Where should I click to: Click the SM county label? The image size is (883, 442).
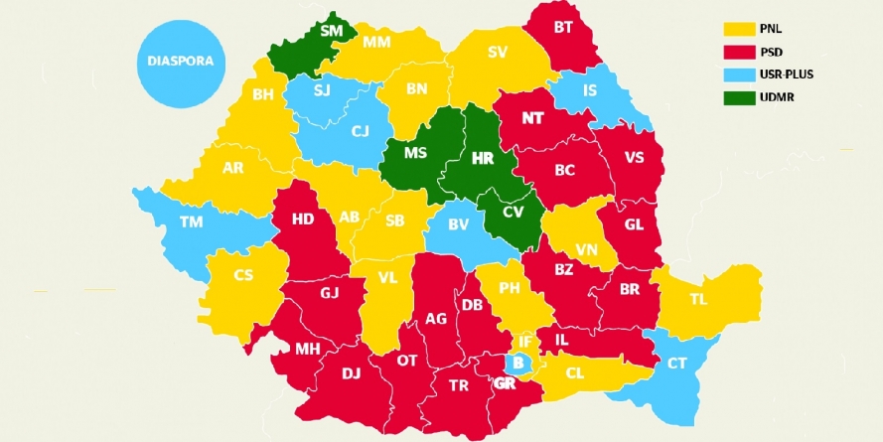[x=331, y=31]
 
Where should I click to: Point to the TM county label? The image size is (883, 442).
[x=191, y=222]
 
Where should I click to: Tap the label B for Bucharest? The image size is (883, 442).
[x=516, y=364]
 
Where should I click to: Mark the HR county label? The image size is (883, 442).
[x=483, y=158]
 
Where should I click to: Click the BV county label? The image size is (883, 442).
[x=458, y=224]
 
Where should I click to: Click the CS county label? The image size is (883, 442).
[x=244, y=276]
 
